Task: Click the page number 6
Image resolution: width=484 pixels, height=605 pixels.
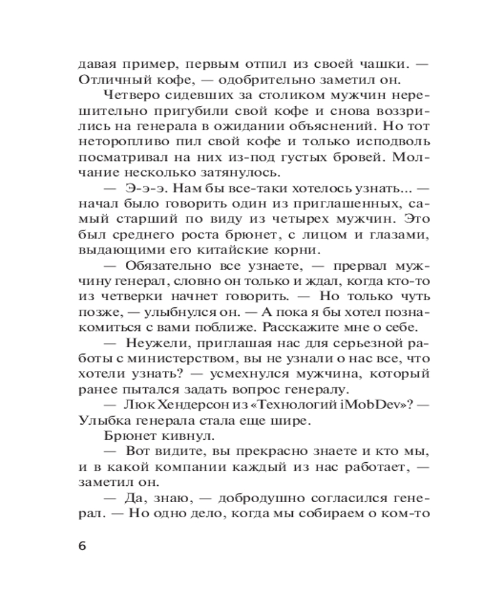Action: [x=83, y=544]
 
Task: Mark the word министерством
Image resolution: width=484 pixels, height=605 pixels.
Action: [x=166, y=359]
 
